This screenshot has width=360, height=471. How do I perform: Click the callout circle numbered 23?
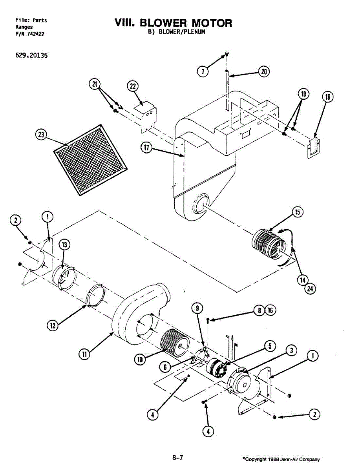tap(41, 135)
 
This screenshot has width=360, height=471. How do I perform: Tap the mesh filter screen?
tap(90, 160)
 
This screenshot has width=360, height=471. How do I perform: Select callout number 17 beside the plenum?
tap(146, 148)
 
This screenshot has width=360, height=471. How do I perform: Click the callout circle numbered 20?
tap(264, 72)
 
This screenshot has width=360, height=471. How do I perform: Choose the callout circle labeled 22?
tap(133, 86)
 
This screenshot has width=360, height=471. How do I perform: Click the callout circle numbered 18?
tap(328, 97)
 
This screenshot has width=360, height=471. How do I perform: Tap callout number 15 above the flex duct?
tap(297, 212)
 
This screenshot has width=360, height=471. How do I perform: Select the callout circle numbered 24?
tap(310, 289)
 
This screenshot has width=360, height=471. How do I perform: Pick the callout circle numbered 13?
tap(64, 245)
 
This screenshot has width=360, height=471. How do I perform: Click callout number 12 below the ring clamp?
tap(53, 325)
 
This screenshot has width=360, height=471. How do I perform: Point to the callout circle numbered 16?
tap(270, 310)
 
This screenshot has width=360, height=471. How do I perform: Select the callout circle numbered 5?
tap(270, 346)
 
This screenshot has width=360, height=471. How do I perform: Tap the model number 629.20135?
tap(31, 55)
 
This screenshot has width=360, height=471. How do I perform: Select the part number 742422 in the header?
tap(36, 34)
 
